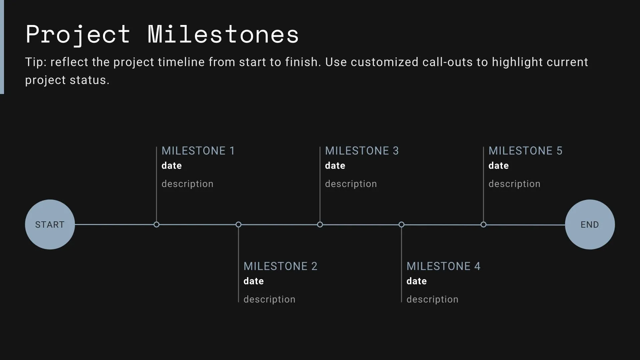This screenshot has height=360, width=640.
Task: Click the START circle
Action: (50, 224)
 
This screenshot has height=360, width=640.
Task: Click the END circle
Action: (590, 224)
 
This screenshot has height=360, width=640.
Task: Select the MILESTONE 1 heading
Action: (198, 151)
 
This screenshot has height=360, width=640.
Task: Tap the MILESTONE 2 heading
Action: (280, 266)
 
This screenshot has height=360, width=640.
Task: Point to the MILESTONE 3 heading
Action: (362, 151)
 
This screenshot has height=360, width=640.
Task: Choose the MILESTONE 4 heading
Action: (443, 266)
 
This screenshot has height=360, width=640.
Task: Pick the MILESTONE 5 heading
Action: (525, 151)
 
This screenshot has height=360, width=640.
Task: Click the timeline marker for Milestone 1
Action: (156, 225)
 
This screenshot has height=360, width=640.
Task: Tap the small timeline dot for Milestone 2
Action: (238, 225)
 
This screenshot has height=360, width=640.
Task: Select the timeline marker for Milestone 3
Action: (320, 225)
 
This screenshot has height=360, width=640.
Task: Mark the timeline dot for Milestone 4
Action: (401, 225)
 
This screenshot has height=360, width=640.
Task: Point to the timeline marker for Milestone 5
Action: (483, 225)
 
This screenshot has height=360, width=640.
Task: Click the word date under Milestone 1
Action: (172, 166)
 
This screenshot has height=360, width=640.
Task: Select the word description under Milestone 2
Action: (269, 299)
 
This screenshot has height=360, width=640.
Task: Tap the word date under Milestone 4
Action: (416, 281)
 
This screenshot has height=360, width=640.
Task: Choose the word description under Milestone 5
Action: (514, 184)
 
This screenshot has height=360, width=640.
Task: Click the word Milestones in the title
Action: (223, 34)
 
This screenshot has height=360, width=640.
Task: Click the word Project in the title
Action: (78, 34)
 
